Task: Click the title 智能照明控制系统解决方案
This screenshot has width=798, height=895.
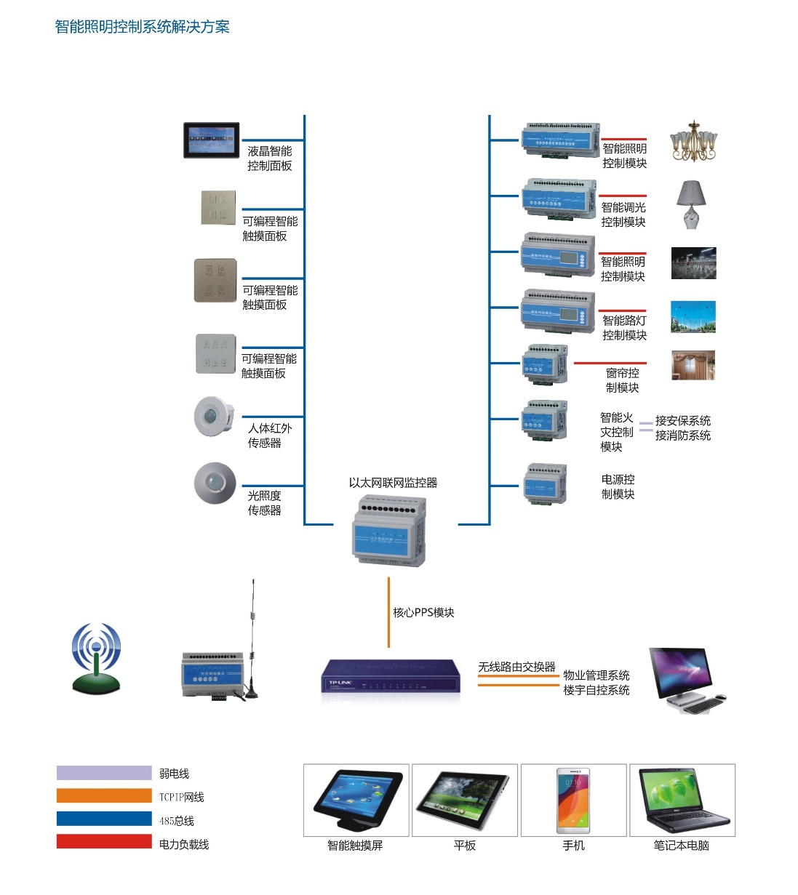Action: [143, 27]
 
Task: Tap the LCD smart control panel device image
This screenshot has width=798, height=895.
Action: [211, 140]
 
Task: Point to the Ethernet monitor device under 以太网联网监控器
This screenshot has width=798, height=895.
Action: [389, 530]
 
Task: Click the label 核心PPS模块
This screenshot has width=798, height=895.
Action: [423, 613]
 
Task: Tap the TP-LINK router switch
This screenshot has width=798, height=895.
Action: [391, 679]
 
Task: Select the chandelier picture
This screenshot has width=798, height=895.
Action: [693, 141]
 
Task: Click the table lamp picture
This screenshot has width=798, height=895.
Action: [692, 204]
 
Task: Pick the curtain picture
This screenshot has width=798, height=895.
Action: [693, 365]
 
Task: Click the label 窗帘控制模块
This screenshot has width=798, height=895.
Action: [623, 380]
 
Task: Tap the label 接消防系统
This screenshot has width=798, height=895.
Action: [682, 436]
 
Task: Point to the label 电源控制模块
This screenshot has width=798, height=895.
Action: [618, 487]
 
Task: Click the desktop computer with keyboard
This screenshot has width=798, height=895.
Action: [686, 680]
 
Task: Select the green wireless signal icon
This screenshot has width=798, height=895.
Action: [96, 658]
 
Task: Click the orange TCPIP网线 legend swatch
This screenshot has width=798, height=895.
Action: [104, 796]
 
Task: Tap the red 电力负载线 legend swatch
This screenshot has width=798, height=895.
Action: [104, 842]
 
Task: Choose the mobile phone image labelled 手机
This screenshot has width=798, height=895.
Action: [573, 800]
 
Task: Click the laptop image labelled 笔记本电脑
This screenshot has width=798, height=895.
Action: [682, 800]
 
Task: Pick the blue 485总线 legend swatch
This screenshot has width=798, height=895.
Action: [104, 819]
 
